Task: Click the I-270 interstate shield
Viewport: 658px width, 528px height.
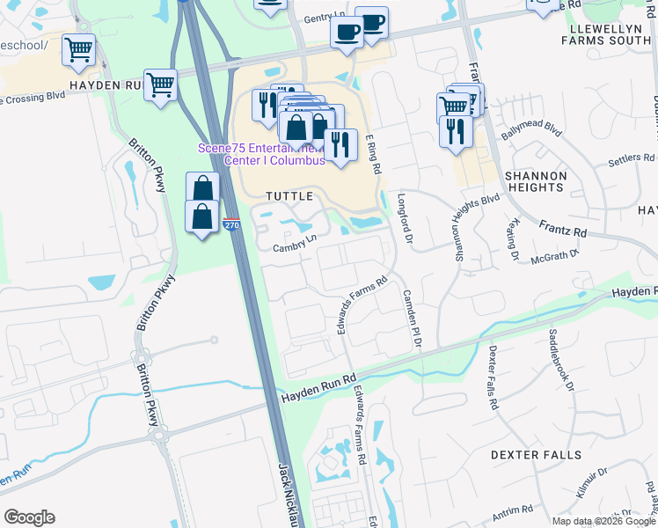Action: point(231,225)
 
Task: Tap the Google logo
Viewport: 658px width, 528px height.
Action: point(29,517)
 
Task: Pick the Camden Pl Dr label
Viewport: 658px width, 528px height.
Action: point(412,316)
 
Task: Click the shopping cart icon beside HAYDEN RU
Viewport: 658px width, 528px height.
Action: point(161,85)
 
